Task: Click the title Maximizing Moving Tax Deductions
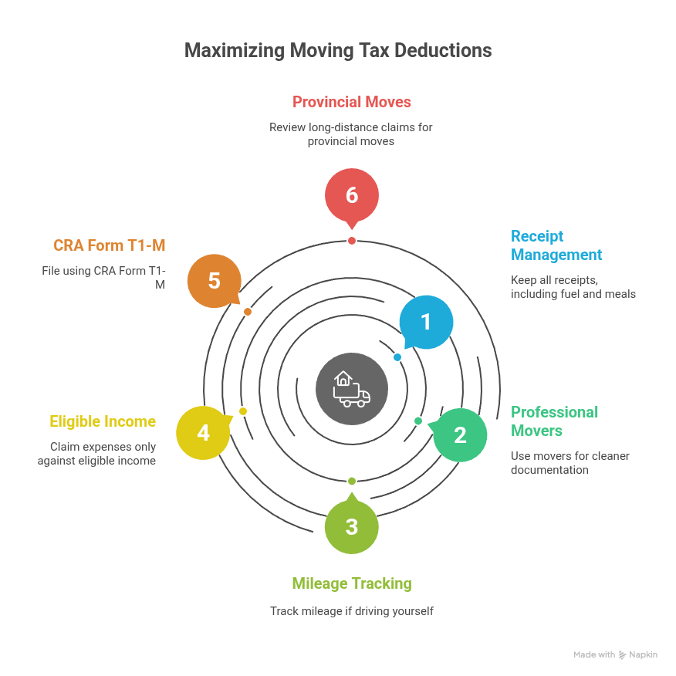338,51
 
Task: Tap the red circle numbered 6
352,195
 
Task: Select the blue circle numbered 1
426,322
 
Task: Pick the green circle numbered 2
460,435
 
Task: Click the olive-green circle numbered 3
352,526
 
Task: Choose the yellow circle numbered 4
203,433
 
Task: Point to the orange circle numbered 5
215,280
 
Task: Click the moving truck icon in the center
352,389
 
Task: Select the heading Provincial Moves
351,102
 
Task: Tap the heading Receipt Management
556,245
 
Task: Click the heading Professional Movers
554,421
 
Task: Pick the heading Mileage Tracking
352,583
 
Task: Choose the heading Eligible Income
103,421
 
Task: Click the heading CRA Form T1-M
110,245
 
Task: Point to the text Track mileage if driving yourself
352,611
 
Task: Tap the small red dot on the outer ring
352,241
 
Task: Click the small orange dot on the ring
248,312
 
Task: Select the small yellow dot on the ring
243,411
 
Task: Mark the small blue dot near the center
397,357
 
